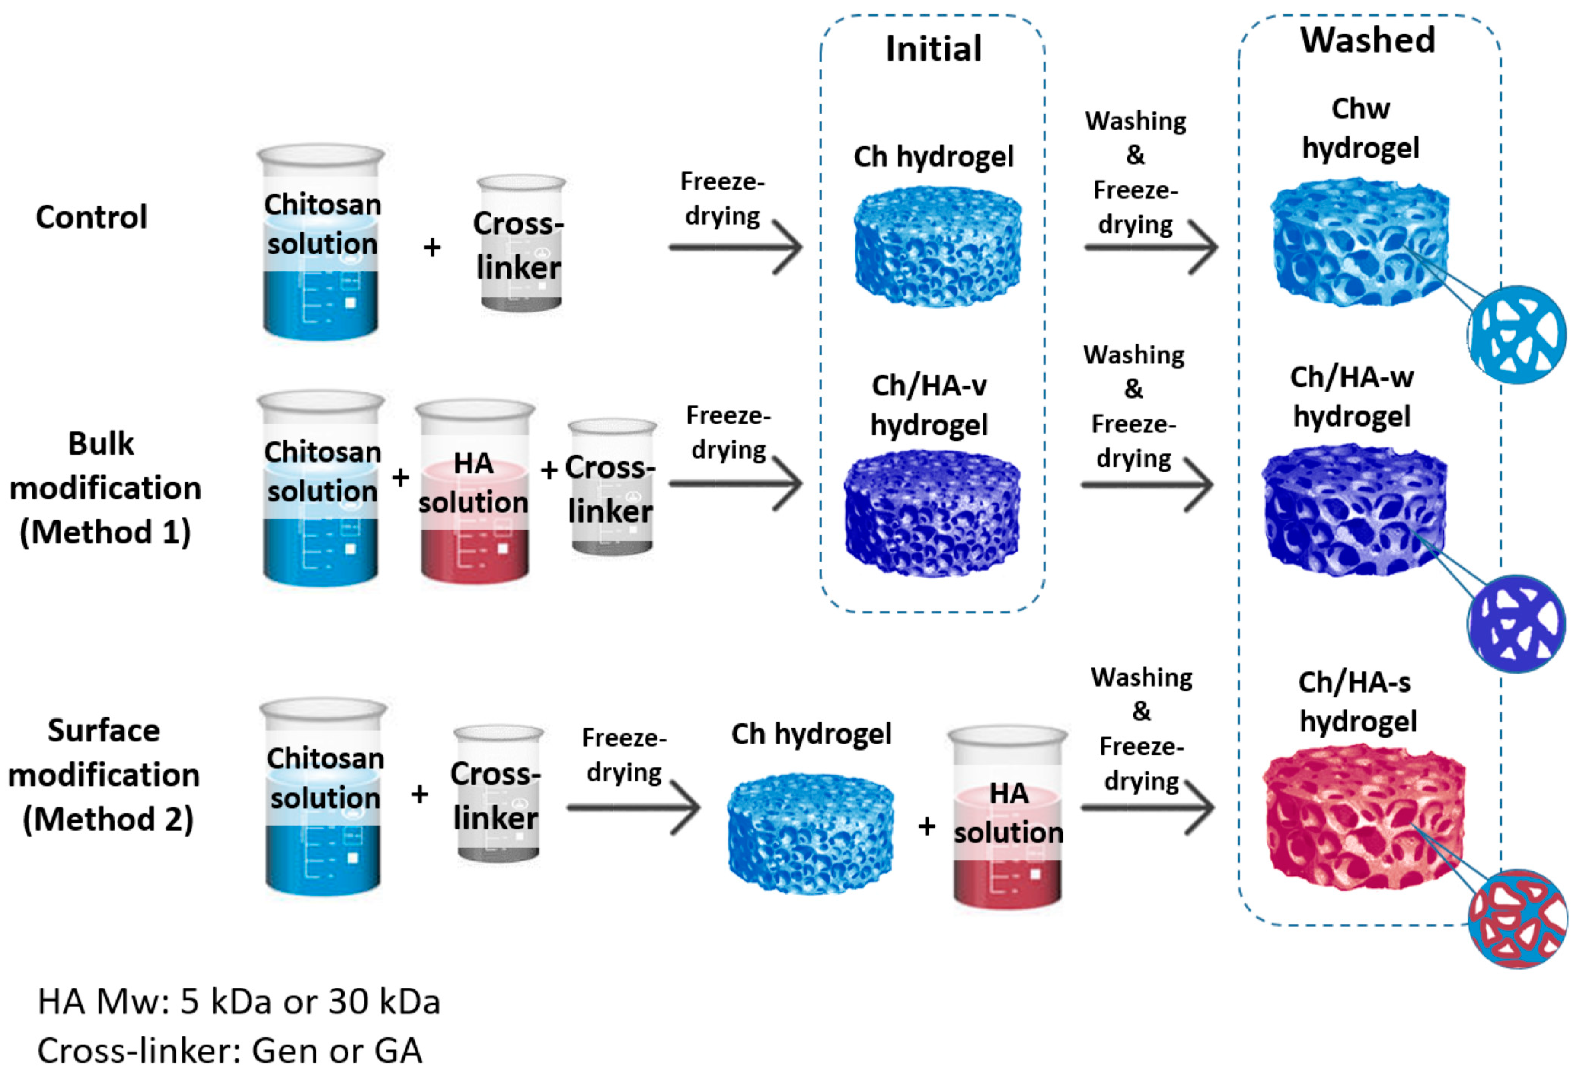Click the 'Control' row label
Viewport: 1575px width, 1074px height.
(x=91, y=217)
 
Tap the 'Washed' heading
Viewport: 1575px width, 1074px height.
(x=1367, y=39)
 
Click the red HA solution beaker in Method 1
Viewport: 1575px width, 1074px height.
(x=474, y=491)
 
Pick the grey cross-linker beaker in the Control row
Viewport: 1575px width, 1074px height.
(x=520, y=244)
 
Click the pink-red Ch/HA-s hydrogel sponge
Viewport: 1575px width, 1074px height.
(x=1362, y=817)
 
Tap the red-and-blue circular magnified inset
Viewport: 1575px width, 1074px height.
(x=1517, y=919)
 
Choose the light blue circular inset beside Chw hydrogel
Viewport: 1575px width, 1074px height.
(x=1517, y=334)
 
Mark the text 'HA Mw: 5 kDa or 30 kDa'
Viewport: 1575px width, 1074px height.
(x=239, y=1002)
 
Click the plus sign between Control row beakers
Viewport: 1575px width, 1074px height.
(x=432, y=248)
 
